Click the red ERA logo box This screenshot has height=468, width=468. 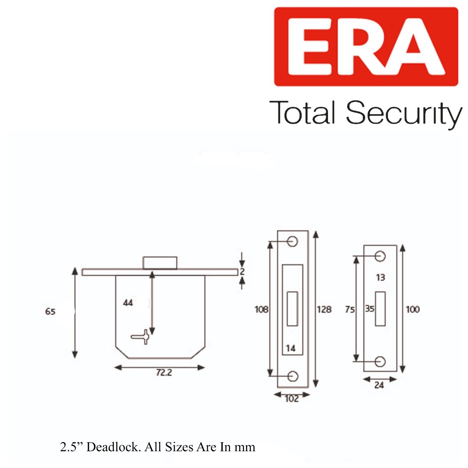pos(366,46)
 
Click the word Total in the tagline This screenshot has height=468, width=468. pos(303,113)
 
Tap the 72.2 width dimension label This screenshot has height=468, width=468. pos(164,372)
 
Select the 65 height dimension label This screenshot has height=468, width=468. pos(50,312)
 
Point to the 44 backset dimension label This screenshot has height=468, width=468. pos(128,303)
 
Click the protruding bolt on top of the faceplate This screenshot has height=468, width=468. pos(160,262)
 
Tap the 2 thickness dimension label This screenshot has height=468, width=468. pos(242,272)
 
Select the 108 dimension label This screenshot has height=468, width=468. pos(261,309)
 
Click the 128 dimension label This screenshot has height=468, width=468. pos(324,309)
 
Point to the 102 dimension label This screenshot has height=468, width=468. pos(292,399)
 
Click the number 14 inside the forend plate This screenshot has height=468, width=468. pos(291,348)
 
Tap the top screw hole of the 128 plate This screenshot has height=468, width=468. pos(292,242)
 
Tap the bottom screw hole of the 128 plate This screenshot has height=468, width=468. pos(292,376)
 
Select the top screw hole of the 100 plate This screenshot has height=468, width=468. pos(380,256)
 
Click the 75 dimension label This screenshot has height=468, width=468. pos(350,309)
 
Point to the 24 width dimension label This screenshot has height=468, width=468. pos(379,385)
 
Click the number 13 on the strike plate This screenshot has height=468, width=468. pos(381,277)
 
